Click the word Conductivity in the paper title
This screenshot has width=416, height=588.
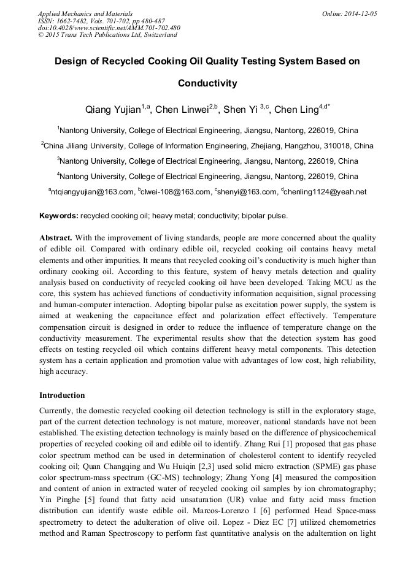[207, 83]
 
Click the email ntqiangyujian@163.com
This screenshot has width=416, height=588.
[93, 192]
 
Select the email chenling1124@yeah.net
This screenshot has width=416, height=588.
[326, 192]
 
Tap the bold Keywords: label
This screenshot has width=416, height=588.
[59, 216]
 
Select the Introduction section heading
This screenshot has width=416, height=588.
[62, 395]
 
